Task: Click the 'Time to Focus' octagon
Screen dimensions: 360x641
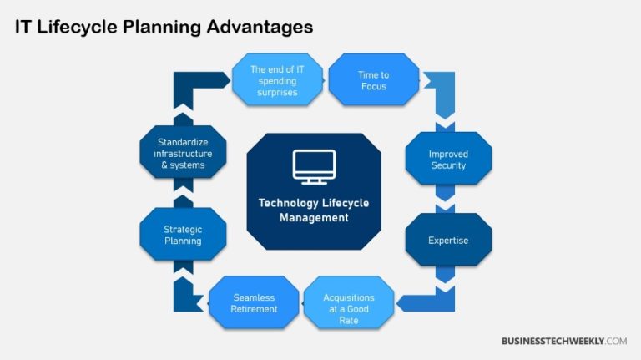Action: [373, 80]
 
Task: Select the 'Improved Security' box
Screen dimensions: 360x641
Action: [448, 160]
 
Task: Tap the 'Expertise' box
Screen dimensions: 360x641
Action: [448, 241]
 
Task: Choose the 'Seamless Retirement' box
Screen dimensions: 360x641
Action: [254, 303]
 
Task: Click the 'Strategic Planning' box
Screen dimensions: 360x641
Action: [183, 235]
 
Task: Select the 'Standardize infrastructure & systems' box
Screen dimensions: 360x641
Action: [183, 154]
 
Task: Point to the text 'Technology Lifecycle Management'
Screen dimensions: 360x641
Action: [314, 210]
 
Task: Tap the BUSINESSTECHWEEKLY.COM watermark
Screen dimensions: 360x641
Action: [563, 341]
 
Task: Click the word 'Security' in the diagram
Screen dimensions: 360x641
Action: [448, 165]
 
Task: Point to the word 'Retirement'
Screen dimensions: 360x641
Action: [254, 309]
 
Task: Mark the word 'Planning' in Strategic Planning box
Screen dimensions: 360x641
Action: [183, 241]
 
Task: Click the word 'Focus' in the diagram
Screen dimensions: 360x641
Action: [373, 86]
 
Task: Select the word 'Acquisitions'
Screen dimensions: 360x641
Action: [348, 297]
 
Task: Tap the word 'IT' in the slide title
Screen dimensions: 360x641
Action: [25, 27]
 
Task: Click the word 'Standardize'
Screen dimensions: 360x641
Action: [183, 142]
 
